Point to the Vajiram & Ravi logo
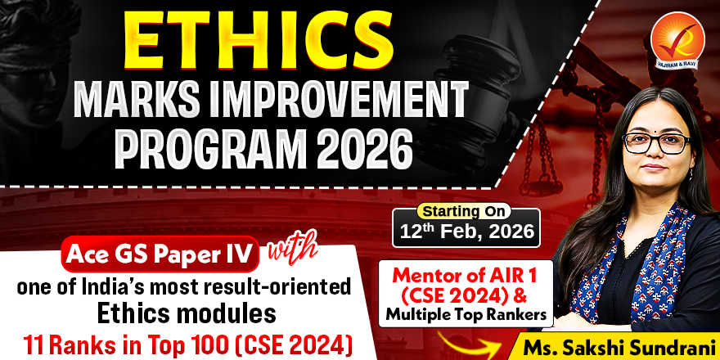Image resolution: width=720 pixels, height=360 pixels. click(x=677, y=40)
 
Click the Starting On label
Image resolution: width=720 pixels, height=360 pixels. click(x=463, y=211)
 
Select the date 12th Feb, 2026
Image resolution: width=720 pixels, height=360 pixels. click(x=466, y=231)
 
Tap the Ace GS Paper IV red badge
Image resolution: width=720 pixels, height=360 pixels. click(x=160, y=254)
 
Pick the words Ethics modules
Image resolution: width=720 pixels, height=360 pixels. click(x=187, y=314)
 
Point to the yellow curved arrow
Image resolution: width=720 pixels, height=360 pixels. click(x=467, y=344)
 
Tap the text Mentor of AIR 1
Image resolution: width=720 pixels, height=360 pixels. click(x=465, y=276)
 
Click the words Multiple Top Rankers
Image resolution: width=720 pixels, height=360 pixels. click(x=466, y=313)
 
